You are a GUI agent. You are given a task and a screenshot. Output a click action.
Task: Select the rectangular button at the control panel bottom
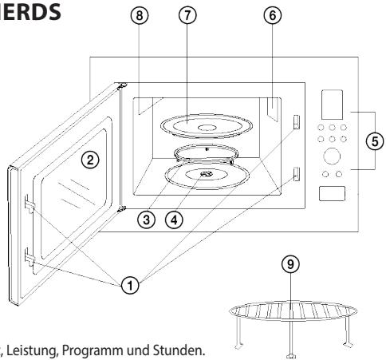(332, 193)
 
